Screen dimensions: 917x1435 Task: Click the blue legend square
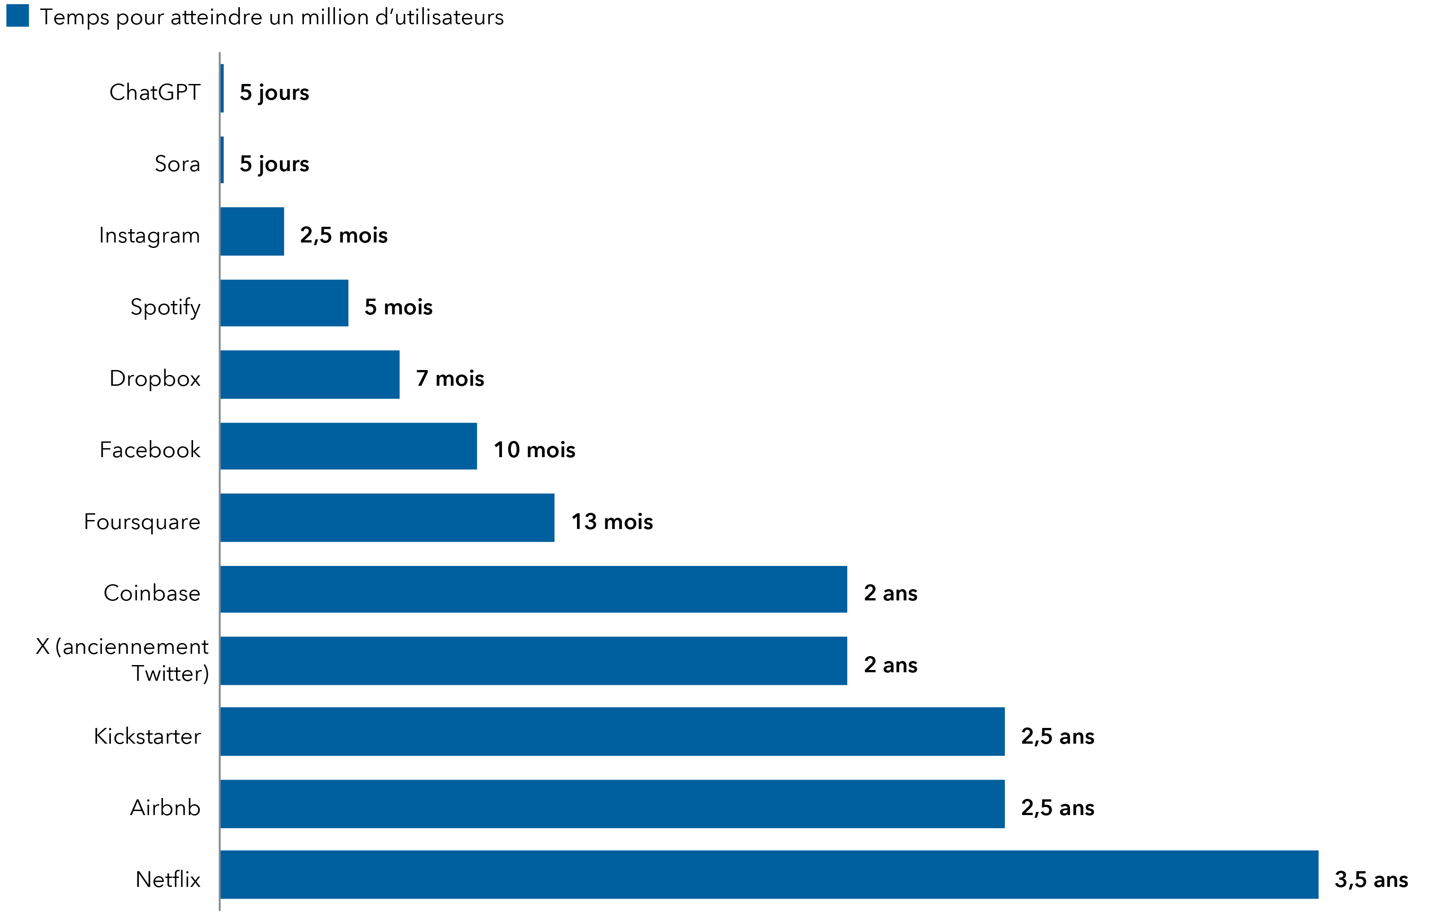(17, 15)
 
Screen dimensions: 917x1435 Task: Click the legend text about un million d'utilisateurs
(271, 17)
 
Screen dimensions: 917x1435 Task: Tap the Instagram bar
(252, 231)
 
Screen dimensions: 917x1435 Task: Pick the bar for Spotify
(284, 303)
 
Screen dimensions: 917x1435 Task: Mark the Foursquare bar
(387, 517)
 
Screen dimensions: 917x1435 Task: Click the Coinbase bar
(533, 589)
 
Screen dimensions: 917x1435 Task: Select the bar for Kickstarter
(612, 731)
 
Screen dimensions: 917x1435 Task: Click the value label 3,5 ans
(1371, 879)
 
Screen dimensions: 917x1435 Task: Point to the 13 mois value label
(612, 521)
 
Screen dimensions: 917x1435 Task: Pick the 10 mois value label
(534, 450)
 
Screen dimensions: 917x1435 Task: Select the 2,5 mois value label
(344, 235)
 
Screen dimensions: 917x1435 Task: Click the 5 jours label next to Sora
(274, 164)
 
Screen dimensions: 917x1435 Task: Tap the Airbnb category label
(165, 807)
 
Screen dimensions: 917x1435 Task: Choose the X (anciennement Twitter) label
(122, 660)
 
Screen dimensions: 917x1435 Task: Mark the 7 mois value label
(450, 379)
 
